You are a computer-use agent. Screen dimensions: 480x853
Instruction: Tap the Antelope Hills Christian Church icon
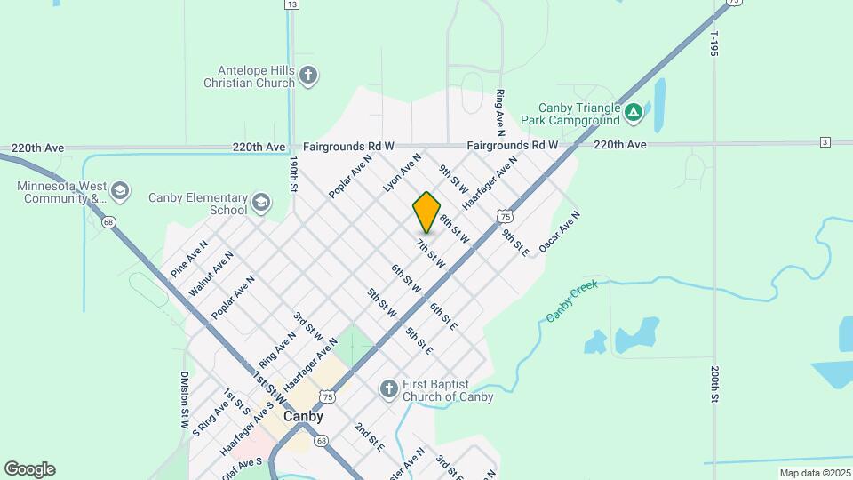pos(308,76)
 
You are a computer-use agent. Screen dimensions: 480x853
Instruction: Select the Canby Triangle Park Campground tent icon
pos(633,112)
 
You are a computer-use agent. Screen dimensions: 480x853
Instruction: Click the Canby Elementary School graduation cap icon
pos(260,203)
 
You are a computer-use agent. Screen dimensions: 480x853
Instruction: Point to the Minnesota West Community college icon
pos(120,191)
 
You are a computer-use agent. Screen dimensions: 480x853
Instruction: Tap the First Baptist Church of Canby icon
pos(388,389)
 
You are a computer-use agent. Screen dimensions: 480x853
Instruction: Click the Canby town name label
pos(303,416)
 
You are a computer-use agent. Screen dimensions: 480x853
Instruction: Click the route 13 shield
pos(291,4)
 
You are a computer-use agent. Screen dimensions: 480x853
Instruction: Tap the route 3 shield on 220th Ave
pos(825,142)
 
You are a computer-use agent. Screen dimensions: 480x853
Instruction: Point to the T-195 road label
pos(713,44)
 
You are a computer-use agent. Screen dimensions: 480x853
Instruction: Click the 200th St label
pos(713,383)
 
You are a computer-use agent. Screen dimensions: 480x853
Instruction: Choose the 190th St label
pos(292,175)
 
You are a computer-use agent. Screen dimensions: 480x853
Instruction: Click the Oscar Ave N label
pos(559,231)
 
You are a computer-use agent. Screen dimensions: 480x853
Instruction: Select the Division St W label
pos(185,395)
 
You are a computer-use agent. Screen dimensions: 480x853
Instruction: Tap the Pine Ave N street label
pos(189,256)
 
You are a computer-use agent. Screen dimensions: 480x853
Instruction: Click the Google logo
pos(29,469)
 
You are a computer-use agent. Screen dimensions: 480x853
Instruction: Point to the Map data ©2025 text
pos(814,473)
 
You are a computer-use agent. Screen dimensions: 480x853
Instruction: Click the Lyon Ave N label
pos(402,172)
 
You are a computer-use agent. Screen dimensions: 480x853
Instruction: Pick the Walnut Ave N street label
pos(211,274)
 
